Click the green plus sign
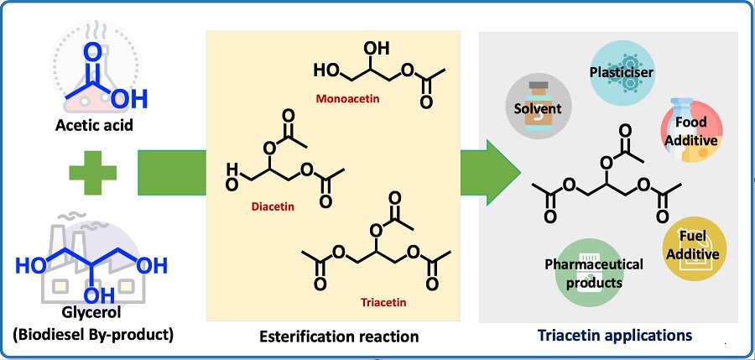tap(93, 174)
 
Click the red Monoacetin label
tap(347, 98)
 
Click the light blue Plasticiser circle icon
tap(621, 74)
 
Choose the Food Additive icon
tap(690, 131)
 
